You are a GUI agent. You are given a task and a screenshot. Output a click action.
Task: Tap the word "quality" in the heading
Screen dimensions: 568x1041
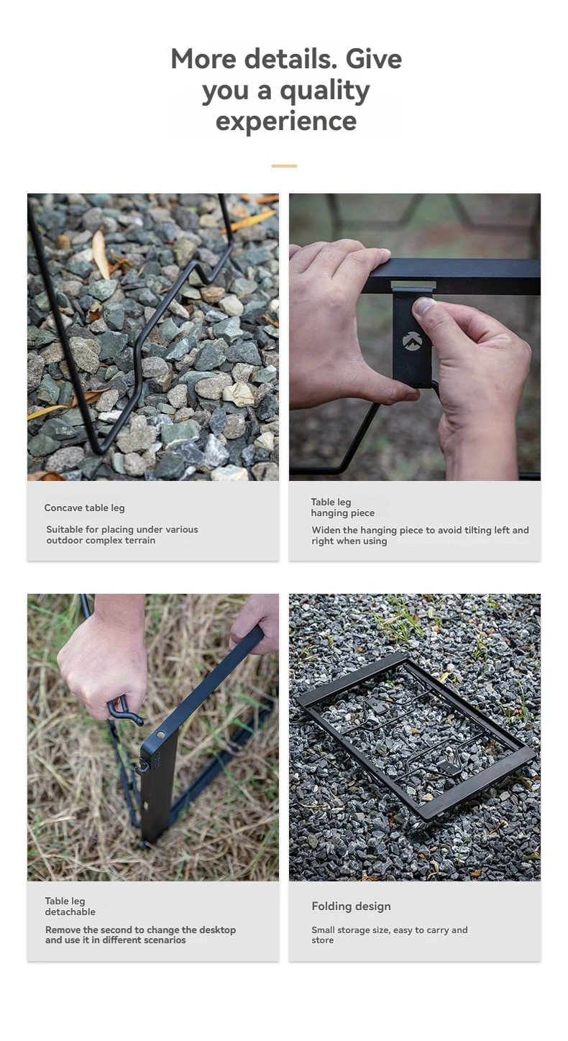pyautogui.click(x=324, y=91)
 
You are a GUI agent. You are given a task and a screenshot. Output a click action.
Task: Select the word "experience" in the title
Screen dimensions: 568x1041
pyautogui.click(x=286, y=121)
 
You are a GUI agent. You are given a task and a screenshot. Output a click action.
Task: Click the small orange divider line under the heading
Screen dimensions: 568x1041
pyautogui.click(x=284, y=166)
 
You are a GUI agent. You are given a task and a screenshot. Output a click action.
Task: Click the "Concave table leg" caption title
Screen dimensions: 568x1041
pyautogui.click(x=85, y=508)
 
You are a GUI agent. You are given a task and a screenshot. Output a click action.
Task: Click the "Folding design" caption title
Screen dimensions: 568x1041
pyautogui.click(x=351, y=907)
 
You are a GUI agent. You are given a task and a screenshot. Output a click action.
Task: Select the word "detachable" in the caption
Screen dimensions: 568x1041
pyautogui.click(x=70, y=912)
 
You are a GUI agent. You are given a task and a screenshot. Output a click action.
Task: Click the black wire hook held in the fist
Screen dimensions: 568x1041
pyautogui.click(x=124, y=712)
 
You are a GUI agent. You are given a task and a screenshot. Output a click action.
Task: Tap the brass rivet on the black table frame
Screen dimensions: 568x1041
pyautogui.click(x=161, y=735)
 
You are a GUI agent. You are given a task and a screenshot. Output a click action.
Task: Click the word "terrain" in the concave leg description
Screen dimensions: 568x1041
pyautogui.click(x=140, y=541)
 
